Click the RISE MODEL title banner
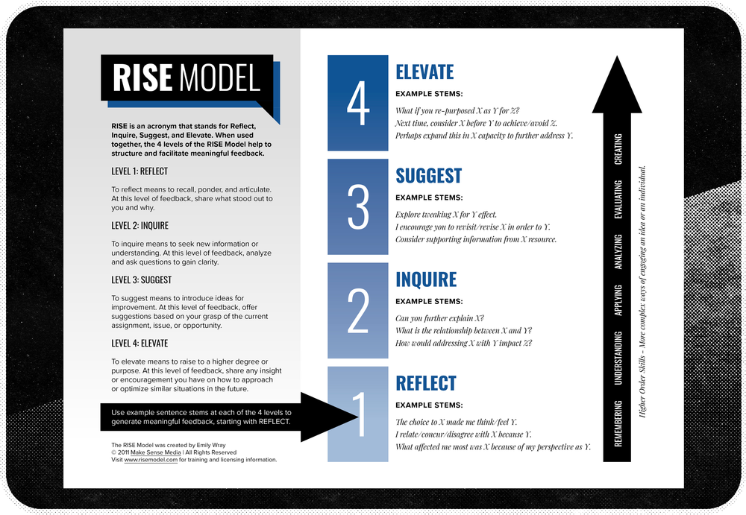[x=186, y=78]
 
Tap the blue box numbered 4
[x=358, y=102]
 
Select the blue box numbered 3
[x=358, y=206]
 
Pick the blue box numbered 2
[x=358, y=309]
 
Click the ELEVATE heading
[x=424, y=72]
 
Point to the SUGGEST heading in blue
[x=428, y=176]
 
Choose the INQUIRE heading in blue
[x=426, y=279]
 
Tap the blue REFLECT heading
[x=425, y=383]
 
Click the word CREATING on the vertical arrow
[x=618, y=149]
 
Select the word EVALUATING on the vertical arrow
[x=618, y=200]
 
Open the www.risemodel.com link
[x=151, y=460]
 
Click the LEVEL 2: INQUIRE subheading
[x=140, y=225]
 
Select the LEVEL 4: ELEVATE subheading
[x=140, y=344]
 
